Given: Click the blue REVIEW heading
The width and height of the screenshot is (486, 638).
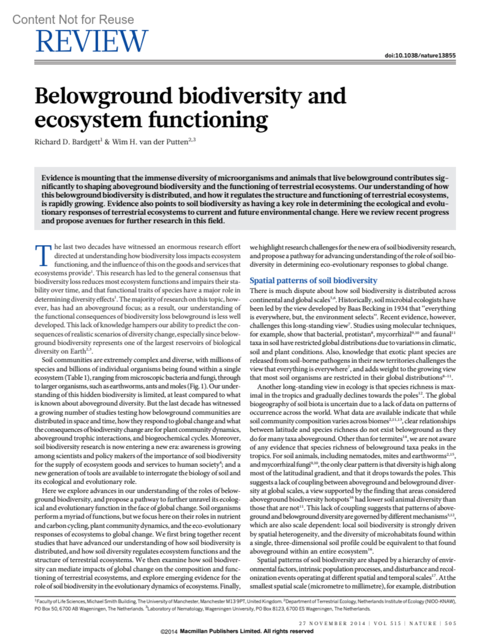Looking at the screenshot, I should click(x=92, y=41).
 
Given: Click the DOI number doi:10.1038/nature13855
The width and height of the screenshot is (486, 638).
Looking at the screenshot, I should click(x=420, y=55).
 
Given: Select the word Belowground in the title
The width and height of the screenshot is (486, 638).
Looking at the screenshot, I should click(x=104, y=96).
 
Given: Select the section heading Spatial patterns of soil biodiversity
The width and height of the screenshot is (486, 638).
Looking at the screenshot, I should click(x=313, y=281).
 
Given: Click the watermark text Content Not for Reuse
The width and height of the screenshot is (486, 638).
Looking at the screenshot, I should click(x=73, y=19).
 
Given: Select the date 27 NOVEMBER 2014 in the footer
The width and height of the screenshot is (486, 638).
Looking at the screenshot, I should click(x=332, y=623).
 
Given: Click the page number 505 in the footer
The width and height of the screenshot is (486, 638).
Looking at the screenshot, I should click(x=450, y=623).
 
